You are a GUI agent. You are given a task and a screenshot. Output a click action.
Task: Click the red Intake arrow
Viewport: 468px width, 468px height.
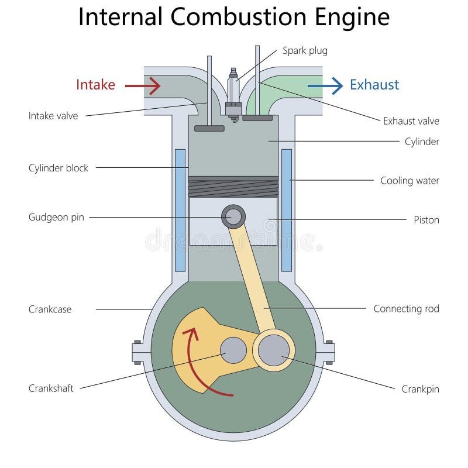point(143,86)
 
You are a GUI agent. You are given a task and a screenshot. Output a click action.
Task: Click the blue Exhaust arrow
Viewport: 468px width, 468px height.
point(325,86)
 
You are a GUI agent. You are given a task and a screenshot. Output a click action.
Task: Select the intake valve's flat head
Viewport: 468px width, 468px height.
point(209,128)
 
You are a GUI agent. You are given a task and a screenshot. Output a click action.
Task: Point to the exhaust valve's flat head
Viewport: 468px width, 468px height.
point(257,118)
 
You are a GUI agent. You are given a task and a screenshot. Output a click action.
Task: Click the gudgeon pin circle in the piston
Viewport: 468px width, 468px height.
point(233,216)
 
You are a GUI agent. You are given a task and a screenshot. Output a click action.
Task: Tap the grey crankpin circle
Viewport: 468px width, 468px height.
point(274,350)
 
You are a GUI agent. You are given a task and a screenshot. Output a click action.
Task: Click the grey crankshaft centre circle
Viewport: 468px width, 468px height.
point(233,350)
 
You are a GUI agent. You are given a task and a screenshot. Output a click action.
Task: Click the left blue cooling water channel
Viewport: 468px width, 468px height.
point(180,211)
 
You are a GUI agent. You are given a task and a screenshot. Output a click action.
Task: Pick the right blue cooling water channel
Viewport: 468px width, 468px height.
point(287,211)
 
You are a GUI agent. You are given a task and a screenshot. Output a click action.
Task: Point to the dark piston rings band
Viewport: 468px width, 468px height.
point(233,187)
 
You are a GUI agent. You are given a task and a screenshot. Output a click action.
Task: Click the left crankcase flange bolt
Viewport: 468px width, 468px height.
point(137,353)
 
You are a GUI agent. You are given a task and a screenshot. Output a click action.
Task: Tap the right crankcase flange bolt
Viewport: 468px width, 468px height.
point(329,353)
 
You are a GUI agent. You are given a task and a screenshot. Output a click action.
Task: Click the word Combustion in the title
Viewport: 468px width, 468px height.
point(239,17)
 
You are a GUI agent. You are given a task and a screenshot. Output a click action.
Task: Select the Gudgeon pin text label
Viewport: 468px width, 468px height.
point(56,217)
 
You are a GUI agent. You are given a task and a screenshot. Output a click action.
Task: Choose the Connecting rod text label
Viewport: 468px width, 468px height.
point(406,309)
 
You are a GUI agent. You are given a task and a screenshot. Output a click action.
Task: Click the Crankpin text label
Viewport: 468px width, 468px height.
point(420,389)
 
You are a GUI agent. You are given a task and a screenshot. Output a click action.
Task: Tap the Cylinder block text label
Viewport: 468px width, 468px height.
point(58,168)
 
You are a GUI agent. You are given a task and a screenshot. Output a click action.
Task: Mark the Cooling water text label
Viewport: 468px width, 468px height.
point(409,181)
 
